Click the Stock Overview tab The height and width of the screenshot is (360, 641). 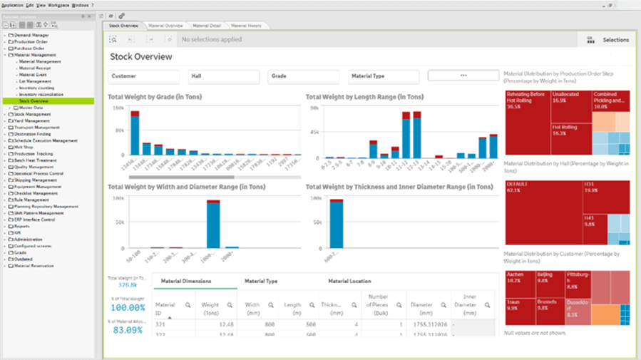click(x=123, y=26)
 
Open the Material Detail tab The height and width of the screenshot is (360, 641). click(x=206, y=26)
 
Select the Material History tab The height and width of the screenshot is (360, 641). click(x=246, y=26)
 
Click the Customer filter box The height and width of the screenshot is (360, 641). click(x=143, y=76)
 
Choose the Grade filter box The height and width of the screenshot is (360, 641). click(x=303, y=76)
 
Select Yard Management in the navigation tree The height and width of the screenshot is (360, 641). click(x=32, y=121)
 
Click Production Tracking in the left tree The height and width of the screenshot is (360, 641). click(x=34, y=154)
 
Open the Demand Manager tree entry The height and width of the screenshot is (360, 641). click(x=32, y=35)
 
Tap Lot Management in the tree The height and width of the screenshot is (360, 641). click(x=35, y=81)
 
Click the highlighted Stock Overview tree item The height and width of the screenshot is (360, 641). click(x=34, y=101)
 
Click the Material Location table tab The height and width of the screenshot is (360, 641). click(x=349, y=282)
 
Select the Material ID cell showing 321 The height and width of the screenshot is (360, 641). click(x=161, y=324)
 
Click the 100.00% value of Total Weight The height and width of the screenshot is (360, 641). click(x=129, y=308)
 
